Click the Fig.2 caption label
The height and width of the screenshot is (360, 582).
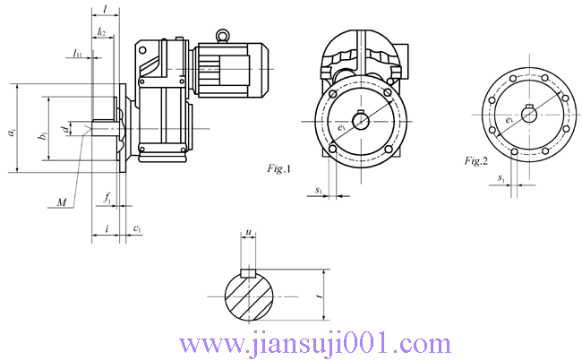coord(475,161)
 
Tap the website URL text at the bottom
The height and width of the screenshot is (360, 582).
coord(316,343)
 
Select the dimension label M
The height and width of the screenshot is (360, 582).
coord(61,203)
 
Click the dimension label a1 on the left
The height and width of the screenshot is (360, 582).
coord(11,132)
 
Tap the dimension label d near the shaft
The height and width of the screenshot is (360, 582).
coord(64,131)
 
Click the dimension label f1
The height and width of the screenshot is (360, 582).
coord(107,196)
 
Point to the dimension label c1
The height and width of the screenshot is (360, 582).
coord(137,229)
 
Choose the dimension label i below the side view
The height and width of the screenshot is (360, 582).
coord(107,229)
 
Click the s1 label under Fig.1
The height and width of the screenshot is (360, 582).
coord(320,190)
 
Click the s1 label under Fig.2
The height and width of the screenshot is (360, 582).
coord(502,179)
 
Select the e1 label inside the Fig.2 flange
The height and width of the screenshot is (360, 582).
coord(509,118)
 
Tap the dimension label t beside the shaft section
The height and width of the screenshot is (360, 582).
coord(319,293)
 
